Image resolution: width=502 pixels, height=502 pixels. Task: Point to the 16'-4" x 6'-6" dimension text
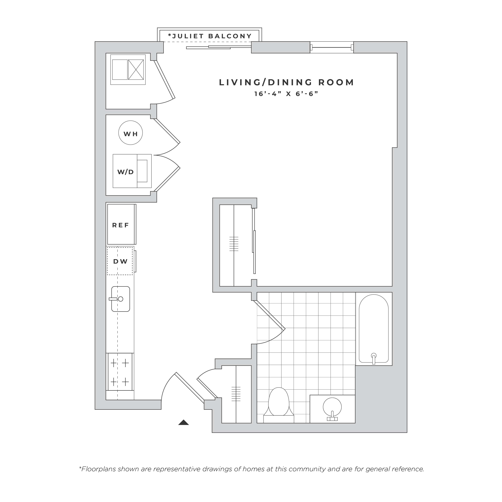click(286, 94)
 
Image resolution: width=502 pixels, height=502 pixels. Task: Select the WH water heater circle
click(130, 133)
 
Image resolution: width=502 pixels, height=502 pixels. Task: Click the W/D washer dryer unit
click(132, 171)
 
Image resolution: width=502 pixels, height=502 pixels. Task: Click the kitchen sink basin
click(121, 299)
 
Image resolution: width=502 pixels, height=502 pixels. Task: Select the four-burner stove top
click(120, 372)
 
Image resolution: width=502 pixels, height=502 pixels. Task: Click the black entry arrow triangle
click(183, 422)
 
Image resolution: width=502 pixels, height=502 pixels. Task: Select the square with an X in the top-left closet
click(136, 70)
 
